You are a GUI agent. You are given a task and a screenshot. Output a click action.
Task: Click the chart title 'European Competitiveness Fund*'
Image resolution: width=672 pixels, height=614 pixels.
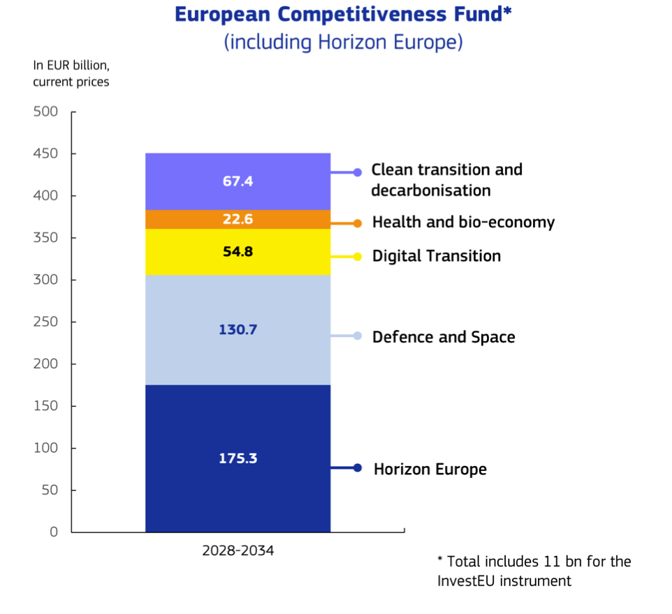coord(343,14)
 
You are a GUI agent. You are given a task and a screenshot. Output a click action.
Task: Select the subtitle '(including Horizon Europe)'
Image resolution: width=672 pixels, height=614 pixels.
coord(343,42)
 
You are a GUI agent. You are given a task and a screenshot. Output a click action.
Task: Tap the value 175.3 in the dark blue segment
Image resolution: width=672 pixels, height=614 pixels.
coord(238,458)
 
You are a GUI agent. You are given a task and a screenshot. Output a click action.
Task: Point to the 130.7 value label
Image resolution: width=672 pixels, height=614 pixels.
coord(238,330)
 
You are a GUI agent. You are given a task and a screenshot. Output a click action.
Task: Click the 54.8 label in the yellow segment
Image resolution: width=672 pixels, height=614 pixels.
coord(238,252)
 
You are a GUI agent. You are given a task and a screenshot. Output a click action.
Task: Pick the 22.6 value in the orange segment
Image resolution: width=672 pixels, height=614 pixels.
coord(238,220)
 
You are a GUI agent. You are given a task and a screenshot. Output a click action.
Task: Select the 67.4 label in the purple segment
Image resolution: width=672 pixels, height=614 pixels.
coord(238,181)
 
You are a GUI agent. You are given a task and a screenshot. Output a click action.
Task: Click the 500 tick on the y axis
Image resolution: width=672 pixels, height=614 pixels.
coord(45,112)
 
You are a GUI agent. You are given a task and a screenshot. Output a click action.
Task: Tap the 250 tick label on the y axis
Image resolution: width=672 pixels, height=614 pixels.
coord(45,322)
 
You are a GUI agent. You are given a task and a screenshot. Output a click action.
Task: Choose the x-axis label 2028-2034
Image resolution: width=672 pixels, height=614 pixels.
coord(238,551)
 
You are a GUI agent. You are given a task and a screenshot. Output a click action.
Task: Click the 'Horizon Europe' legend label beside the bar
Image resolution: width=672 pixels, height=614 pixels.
coord(430,469)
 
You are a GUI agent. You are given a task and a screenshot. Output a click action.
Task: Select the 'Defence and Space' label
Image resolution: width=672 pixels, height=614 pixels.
coord(444,337)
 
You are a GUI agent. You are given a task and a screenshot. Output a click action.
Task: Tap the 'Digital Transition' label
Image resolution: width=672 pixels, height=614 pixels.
coord(437,256)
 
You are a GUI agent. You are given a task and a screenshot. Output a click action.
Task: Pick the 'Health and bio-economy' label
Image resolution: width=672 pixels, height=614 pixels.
coord(463,223)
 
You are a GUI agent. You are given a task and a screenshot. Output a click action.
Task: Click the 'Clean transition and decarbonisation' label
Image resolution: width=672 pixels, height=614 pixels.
coord(446,180)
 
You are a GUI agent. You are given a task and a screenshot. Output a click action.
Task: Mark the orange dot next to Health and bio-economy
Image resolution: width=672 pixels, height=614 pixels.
coord(358,223)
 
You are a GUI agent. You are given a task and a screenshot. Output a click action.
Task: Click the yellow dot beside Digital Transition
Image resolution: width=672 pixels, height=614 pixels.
coord(358,257)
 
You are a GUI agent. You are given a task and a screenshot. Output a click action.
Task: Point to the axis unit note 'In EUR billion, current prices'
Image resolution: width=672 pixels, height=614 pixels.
coord(71,73)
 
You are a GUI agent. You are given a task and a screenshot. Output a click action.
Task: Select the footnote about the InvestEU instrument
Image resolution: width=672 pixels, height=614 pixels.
coord(534,571)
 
